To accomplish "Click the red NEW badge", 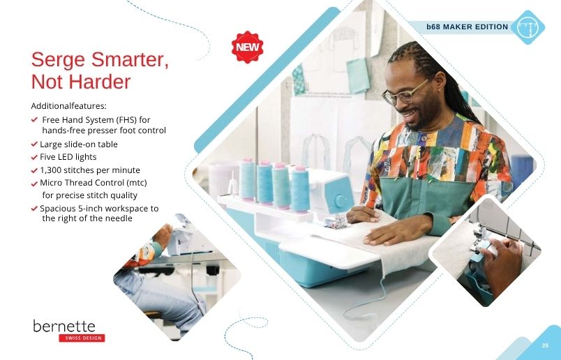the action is point(247,47).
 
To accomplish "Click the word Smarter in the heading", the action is point(130,59).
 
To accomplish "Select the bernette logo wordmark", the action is point(64,326).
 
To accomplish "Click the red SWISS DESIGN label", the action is point(82,338).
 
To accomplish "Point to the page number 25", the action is point(545,345).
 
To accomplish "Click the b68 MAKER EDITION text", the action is point(467,27).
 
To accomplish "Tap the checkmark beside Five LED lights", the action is point(34,157).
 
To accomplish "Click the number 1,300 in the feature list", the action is point(50,170).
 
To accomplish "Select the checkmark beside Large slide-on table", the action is point(34,144).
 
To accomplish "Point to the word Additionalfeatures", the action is point(68,106).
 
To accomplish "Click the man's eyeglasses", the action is point(403,93).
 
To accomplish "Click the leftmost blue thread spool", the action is point(247,179).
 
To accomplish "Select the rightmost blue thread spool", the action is point(300,188).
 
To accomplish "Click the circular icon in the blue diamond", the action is point(528,27).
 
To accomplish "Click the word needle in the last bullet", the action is point(119,218).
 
